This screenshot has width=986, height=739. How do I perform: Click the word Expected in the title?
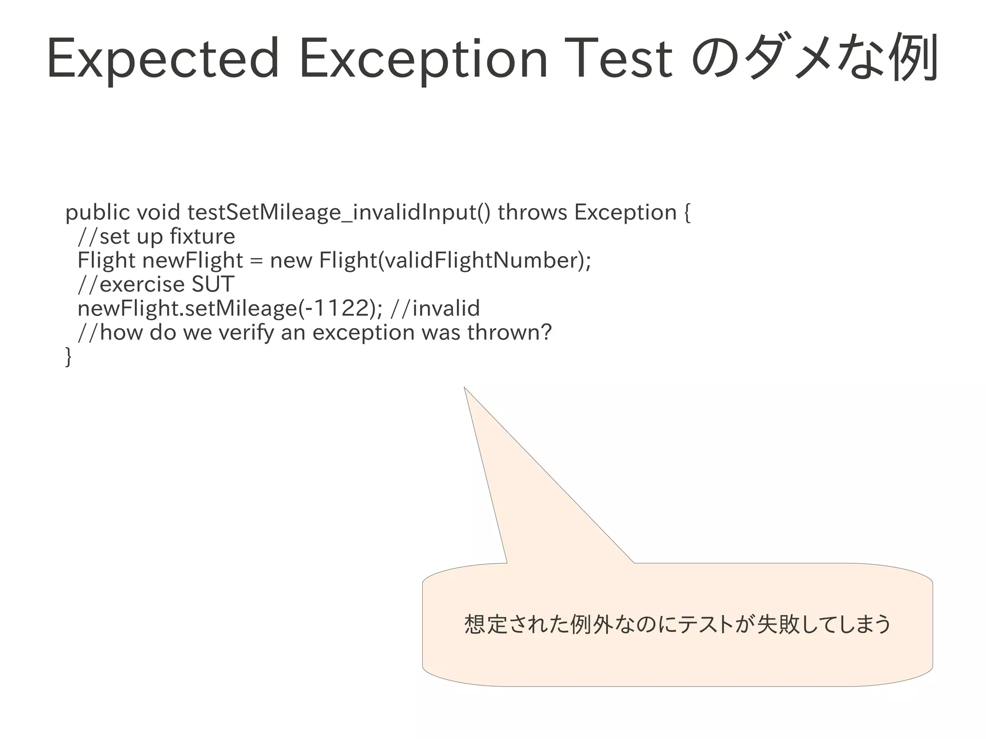(163, 59)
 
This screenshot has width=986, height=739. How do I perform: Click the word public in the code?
(97, 213)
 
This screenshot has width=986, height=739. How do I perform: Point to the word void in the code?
(158, 212)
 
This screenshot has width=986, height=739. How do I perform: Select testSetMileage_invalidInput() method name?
(339, 212)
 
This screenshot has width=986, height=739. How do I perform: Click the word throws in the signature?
(532, 212)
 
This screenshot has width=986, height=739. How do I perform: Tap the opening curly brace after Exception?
(687, 213)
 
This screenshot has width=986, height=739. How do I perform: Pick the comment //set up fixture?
(156, 236)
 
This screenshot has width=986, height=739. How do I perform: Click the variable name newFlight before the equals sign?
(193, 260)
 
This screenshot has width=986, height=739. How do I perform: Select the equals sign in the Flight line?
(257, 261)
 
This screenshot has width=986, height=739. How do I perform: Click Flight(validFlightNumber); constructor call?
(454, 260)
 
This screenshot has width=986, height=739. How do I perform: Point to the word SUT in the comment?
(213, 284)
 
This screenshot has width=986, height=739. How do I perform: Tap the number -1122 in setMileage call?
(339, 308)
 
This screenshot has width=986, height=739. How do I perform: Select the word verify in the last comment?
(246, 333)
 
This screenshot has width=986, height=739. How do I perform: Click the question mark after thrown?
(546, 332)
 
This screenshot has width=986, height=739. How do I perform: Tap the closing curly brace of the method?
(68, 357)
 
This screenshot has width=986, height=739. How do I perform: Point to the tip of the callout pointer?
(465, 388)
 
